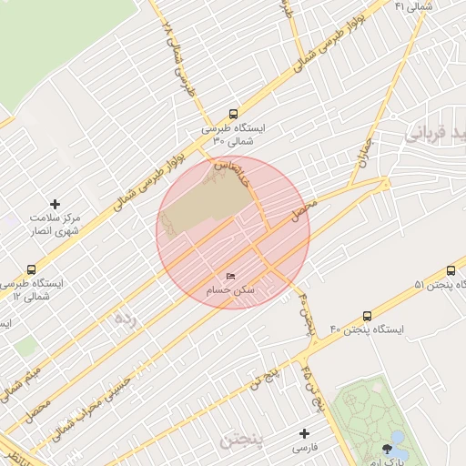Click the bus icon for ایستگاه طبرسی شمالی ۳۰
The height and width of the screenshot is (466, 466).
click(x=234, y=115)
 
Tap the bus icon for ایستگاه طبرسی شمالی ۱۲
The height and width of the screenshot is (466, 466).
click(x=32, y=269)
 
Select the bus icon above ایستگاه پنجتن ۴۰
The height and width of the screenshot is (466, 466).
click(x=367, y=315)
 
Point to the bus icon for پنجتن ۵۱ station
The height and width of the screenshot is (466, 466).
click(x=451, y=270)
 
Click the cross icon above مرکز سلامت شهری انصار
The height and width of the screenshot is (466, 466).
click(x=55, y=204)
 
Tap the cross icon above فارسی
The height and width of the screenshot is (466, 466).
click(x=304, y=433)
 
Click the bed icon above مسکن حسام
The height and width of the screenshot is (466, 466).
click(x=230, y=276)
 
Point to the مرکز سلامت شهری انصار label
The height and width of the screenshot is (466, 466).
click(x=55, y=225)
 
